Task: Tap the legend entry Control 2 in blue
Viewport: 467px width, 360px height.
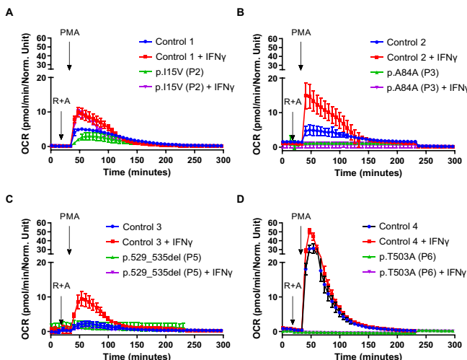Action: pos(406,43)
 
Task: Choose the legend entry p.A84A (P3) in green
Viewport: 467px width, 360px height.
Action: pos(412,72)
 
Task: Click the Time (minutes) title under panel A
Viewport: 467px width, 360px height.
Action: pos(136,172)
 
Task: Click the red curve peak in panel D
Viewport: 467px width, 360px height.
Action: pos(310,231)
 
